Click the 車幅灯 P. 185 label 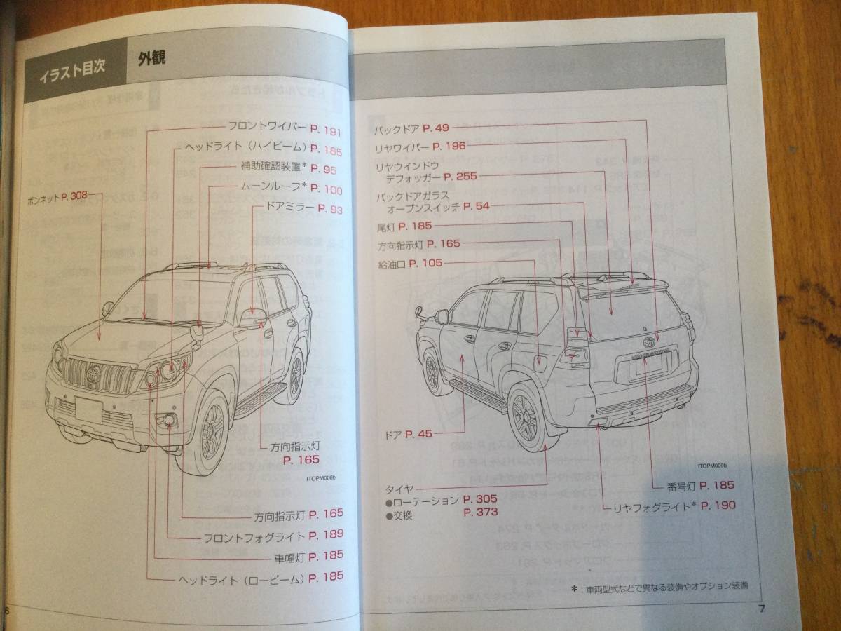click(x=309, y=557)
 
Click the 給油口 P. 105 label click(x=410, y=264)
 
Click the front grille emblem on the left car click(x=92, y=376)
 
